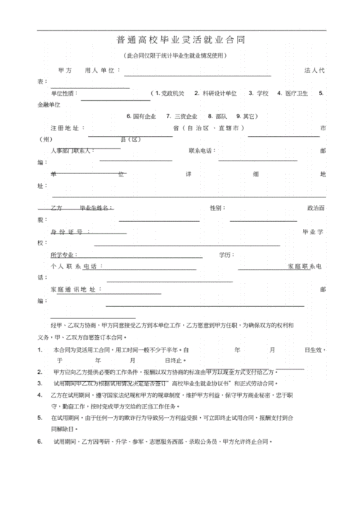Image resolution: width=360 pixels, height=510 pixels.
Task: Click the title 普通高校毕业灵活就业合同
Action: pos(180,40)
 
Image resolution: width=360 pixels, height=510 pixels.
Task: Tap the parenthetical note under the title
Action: pos(180,55)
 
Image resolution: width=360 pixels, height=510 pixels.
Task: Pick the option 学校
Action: pos(259,94)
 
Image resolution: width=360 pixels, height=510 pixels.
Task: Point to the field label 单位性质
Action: pos(63,94)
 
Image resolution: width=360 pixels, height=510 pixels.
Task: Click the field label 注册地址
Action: pos(67,127)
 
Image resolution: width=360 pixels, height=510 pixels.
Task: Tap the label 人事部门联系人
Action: pos(72,151)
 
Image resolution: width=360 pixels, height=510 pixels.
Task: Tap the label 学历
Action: pos(227,255)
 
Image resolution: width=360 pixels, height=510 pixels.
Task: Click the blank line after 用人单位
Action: pos(197,73)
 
